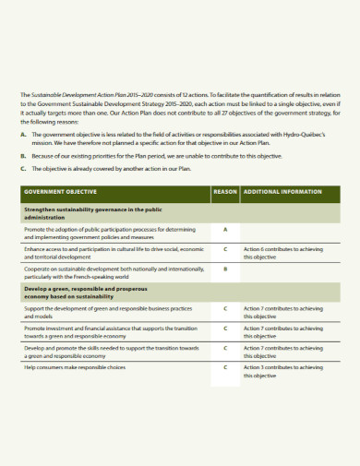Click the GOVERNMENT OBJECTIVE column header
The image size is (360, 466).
pos(61,192)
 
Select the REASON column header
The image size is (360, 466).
pos(224,192)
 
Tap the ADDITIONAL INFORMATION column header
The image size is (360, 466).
pos(282,192)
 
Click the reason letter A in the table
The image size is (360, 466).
pos(224,227)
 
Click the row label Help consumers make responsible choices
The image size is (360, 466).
pos(75,367)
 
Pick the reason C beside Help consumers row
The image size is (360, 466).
pos(224,367)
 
